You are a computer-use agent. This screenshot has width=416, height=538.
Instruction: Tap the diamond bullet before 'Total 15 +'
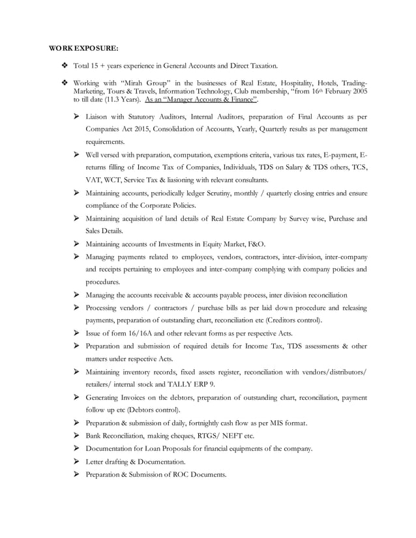(64, 66)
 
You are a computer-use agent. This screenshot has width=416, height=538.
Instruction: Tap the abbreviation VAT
(94, 180)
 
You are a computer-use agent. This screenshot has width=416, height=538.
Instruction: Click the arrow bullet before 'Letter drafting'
(77, 462)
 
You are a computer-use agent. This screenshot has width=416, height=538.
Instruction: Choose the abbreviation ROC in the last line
(183, 474)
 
